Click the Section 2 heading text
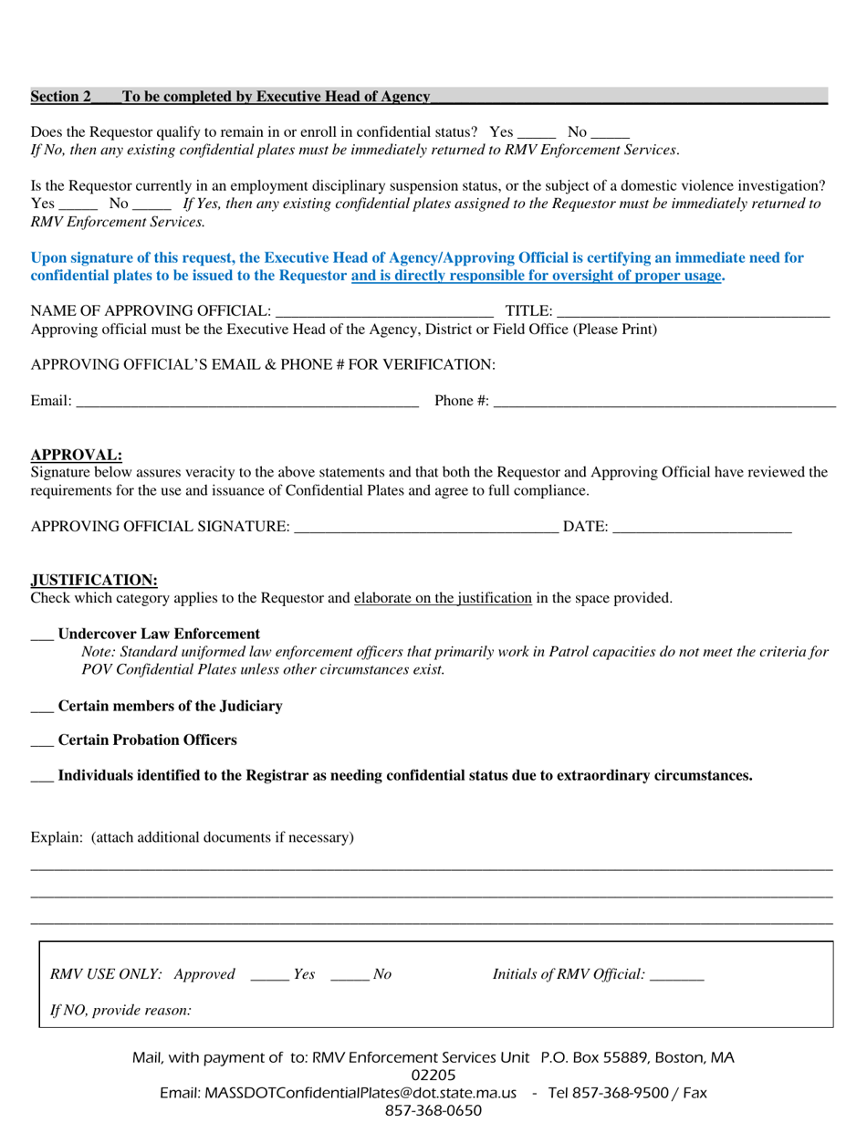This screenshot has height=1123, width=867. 230,97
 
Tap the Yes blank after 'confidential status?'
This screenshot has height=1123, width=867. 537,133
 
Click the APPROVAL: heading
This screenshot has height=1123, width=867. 77,455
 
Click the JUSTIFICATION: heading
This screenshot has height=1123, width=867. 94,580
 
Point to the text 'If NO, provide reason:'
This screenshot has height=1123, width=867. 120,1011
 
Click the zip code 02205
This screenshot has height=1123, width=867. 433,1076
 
